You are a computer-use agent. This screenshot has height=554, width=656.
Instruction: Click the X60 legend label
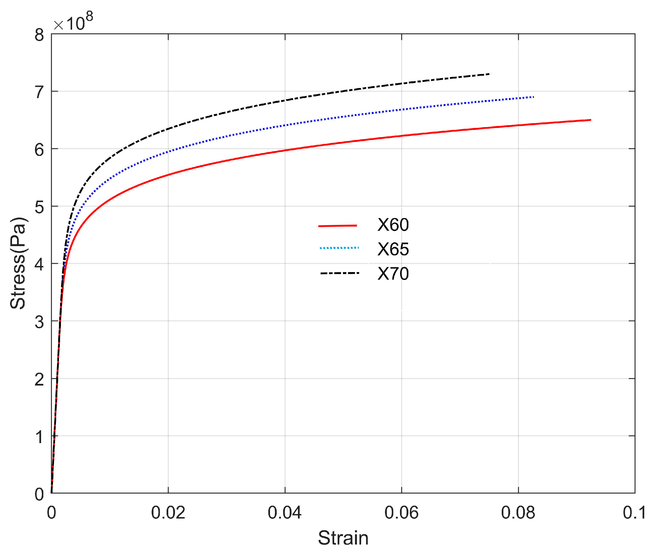pos(393,225)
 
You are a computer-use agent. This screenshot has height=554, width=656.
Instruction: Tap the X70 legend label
pos(393,274)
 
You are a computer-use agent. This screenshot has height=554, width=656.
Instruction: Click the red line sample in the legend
pos(338,225)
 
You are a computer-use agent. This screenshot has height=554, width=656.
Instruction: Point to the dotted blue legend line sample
pos(339,248)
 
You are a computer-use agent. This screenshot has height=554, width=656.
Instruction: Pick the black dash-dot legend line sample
pos(339,273)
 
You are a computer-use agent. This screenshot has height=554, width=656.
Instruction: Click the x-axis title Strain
pos(343,538)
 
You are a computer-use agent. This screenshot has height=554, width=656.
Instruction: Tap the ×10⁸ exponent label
pos(73,22)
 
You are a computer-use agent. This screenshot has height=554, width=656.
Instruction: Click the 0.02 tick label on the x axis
pos(168,513)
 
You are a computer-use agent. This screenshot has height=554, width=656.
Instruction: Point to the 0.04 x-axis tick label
pos(285,513)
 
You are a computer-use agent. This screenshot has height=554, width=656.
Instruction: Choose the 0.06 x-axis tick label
pos(402,513)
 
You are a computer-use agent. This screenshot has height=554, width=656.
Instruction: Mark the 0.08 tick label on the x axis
pos(518,513)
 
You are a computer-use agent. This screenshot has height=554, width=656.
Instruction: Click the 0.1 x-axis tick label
pos(634,513)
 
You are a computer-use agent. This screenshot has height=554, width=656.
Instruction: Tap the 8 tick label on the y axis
pos(39,35)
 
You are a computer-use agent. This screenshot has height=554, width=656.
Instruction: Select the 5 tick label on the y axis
pos(39,207)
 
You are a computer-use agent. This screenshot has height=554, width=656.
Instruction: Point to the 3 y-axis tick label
pos(39,322)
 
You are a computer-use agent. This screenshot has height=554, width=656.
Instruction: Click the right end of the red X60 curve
pos(590,120)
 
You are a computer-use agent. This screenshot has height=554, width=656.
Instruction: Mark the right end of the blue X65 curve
pos(533,97)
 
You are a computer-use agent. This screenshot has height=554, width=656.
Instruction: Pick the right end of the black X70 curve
pos(489,74)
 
